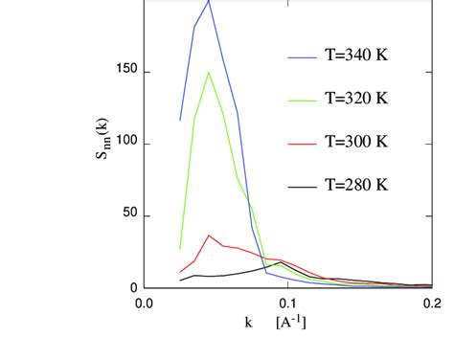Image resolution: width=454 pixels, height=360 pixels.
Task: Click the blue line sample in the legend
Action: [x=302, y=57]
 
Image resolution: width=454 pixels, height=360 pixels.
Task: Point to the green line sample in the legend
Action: [x=302, y=100]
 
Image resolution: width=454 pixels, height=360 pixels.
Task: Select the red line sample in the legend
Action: [x=302, y=142]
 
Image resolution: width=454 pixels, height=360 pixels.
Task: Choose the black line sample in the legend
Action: [x=302, y=184]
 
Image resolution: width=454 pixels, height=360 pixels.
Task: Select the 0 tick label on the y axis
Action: [x=133, y=288]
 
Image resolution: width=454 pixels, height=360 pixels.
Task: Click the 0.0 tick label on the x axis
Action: [x=144, y=304]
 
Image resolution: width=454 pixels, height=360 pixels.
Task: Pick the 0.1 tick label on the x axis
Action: [x=287, y=304]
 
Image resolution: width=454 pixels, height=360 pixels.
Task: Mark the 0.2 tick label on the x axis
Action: [x=431, y=304]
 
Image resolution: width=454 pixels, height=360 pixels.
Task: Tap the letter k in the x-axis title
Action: [x=247, y=321]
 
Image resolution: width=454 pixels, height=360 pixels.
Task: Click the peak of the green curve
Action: [x=209, y=72]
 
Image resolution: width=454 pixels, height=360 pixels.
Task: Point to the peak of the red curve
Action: [x=210, y=236]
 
